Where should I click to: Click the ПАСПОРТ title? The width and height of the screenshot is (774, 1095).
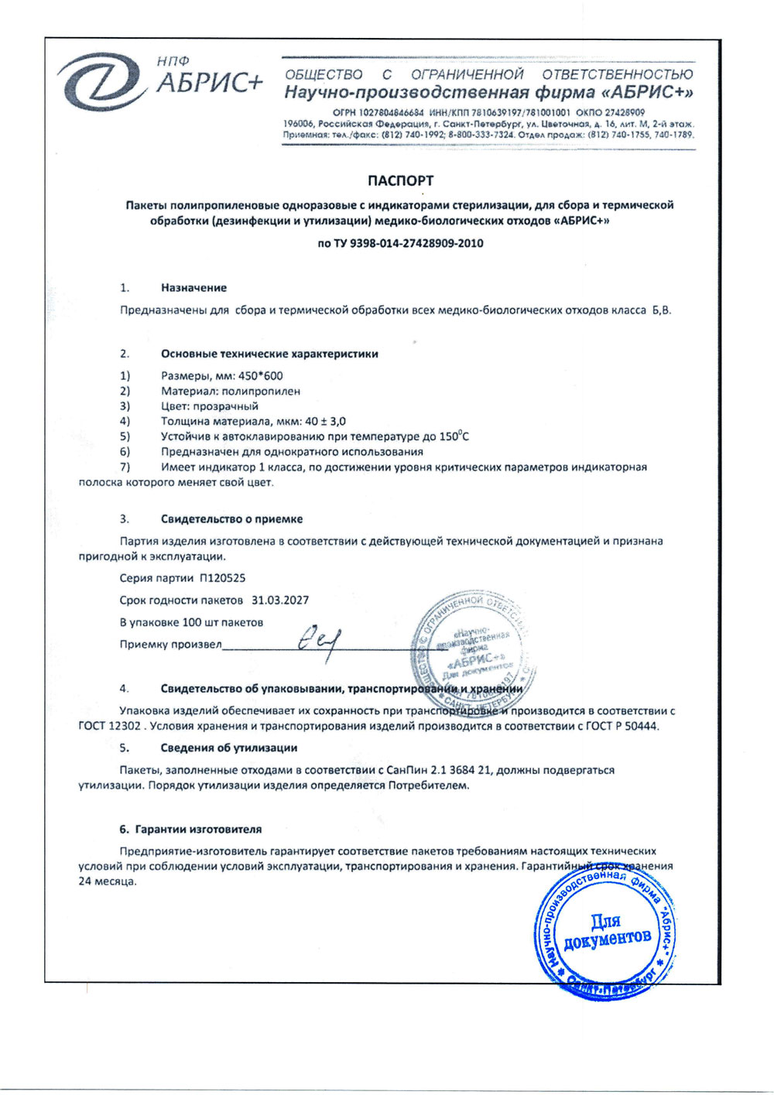coord(400,180)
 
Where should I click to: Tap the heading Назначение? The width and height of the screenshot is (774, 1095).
coord(193,288)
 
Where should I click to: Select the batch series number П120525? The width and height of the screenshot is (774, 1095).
coord(222,578)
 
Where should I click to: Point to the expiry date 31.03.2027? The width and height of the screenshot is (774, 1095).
coord(280,601)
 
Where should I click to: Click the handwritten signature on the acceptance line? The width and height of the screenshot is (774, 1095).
coord(320,640)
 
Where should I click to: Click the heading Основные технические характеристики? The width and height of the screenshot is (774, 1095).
coord(269,354)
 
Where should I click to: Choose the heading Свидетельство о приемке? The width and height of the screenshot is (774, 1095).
coord(231,519)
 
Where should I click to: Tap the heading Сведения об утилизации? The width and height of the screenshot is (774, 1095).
coord(228,748)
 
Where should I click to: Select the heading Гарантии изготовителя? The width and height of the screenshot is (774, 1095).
coord(198,829)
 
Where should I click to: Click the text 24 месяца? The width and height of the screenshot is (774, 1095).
coord(107,881)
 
